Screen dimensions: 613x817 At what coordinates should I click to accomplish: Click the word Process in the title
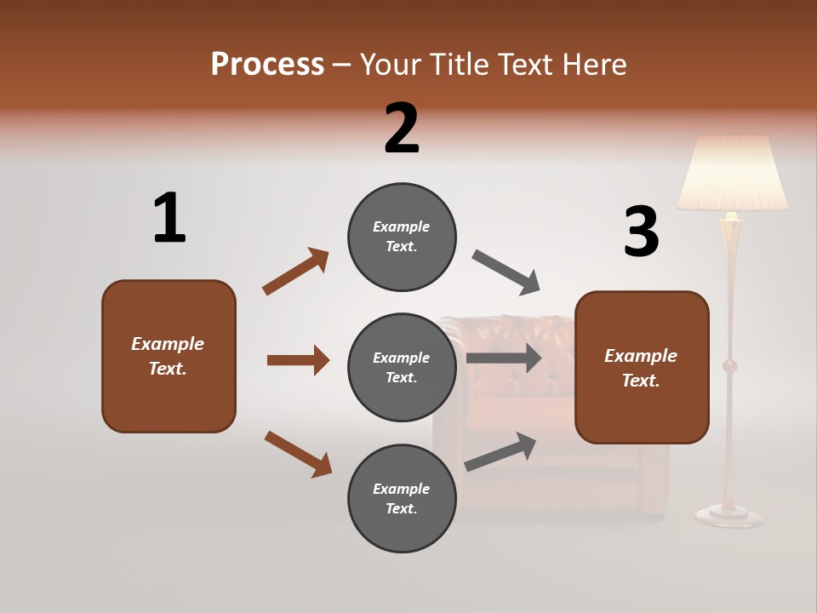[267, 64]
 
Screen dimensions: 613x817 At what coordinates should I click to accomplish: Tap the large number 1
[169, 219]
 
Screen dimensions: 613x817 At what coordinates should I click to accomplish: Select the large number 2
[402, 129]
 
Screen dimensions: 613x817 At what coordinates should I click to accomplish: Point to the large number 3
[641, 232]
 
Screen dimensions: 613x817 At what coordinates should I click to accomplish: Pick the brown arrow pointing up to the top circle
[295, 272]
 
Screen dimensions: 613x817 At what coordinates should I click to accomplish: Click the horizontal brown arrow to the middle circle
[298, 360]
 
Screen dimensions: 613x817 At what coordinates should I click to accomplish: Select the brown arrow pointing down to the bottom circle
[298, 454]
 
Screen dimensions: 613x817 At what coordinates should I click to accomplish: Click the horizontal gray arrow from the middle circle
[504, 358]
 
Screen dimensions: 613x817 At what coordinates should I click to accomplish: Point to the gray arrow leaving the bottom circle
[500, 451]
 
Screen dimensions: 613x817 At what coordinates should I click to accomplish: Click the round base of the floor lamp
[728, 513]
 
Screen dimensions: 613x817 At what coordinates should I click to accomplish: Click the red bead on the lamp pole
[729, 366]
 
